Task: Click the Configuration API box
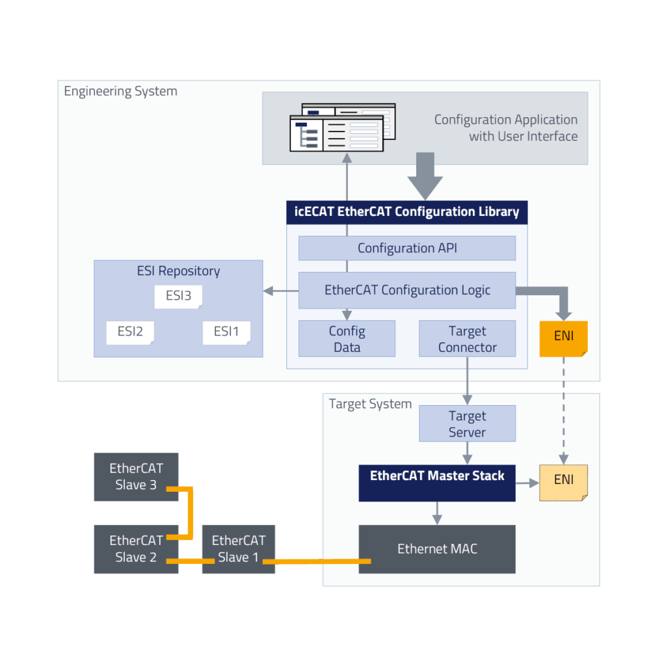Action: (406, 248)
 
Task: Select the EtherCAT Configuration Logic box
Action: (406, 290)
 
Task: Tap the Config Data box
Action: (347, 339)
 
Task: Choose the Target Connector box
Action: (467, 339)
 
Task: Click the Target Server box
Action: (467, 423)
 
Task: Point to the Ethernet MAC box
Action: (436, 549)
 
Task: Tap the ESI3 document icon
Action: (178, 297)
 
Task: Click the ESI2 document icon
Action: (130, 332)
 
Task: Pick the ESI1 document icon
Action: (226, 332)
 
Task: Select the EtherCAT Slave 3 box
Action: (136, 477)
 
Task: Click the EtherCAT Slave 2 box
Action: (136, 549)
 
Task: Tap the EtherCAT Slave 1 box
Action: (238, 549)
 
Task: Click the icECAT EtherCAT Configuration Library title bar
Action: (406, 212)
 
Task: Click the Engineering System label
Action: (120, 91)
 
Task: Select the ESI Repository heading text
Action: (178, 271)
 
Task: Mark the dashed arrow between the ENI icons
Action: (563, 410)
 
